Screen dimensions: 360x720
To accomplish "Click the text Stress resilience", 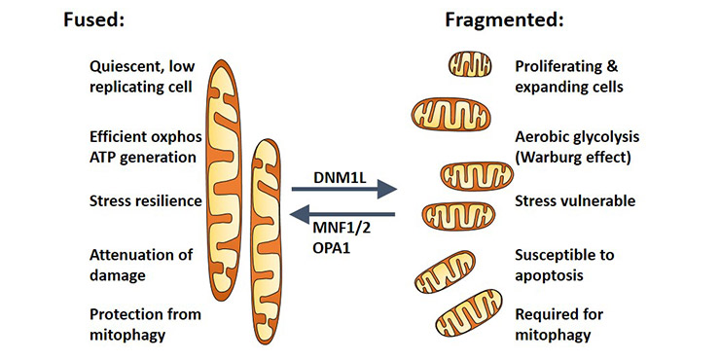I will coord(144,201).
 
